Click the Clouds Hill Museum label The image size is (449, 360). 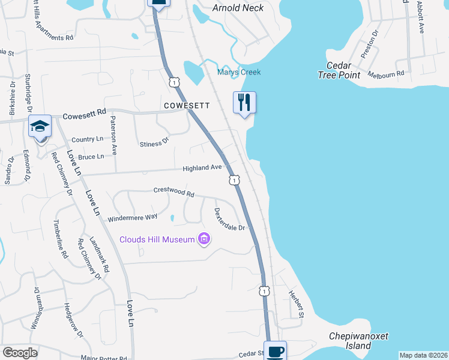click(x=157, y=239)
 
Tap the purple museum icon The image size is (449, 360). click(x=204, y=239)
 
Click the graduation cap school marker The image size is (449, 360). click(x=40, y=127)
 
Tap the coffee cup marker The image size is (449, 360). click(x=275, y=352)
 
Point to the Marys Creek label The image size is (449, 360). click(x=239, y=72)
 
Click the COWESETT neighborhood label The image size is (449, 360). click(x=187, y=106)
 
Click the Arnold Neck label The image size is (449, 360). click(x=238, y=7)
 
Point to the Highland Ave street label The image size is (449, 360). click(x=203, y=168)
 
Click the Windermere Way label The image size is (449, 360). click(x=132, y=217)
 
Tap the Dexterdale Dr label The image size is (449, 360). click(x=230, y=220)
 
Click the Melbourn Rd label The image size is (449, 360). click(x=388, y=73)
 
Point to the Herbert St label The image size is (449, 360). click(x=296, y=304)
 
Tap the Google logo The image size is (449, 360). click(x=20, y=353)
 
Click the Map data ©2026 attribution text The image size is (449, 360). click(x=423, y=355)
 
